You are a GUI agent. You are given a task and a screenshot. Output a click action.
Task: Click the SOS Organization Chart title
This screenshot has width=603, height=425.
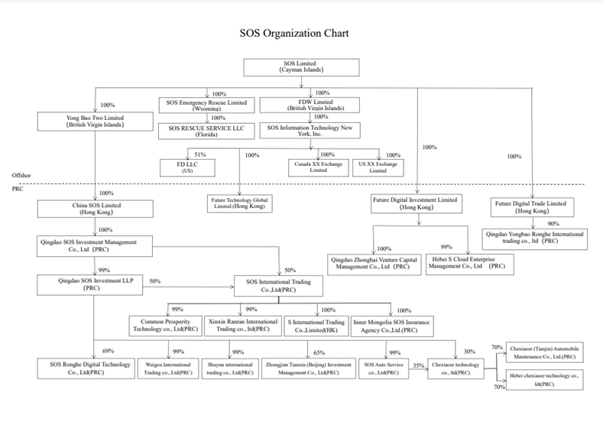point(294,34)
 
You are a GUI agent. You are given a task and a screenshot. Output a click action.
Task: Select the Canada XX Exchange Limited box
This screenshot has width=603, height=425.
point(315,166)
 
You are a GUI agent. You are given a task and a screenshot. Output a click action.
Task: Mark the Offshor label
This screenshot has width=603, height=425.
point(21,175)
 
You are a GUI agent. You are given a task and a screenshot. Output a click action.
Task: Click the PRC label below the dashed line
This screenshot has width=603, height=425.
point(18,188)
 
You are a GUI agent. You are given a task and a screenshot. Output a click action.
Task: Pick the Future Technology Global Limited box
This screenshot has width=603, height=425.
point(242,203)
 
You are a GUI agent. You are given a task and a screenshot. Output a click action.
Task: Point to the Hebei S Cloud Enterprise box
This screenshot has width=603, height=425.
point(468,263)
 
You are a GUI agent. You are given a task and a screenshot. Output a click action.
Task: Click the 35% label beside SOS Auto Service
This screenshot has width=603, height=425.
point(418,365)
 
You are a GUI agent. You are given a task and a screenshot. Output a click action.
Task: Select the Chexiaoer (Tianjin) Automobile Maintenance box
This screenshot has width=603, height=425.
point(543,353)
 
